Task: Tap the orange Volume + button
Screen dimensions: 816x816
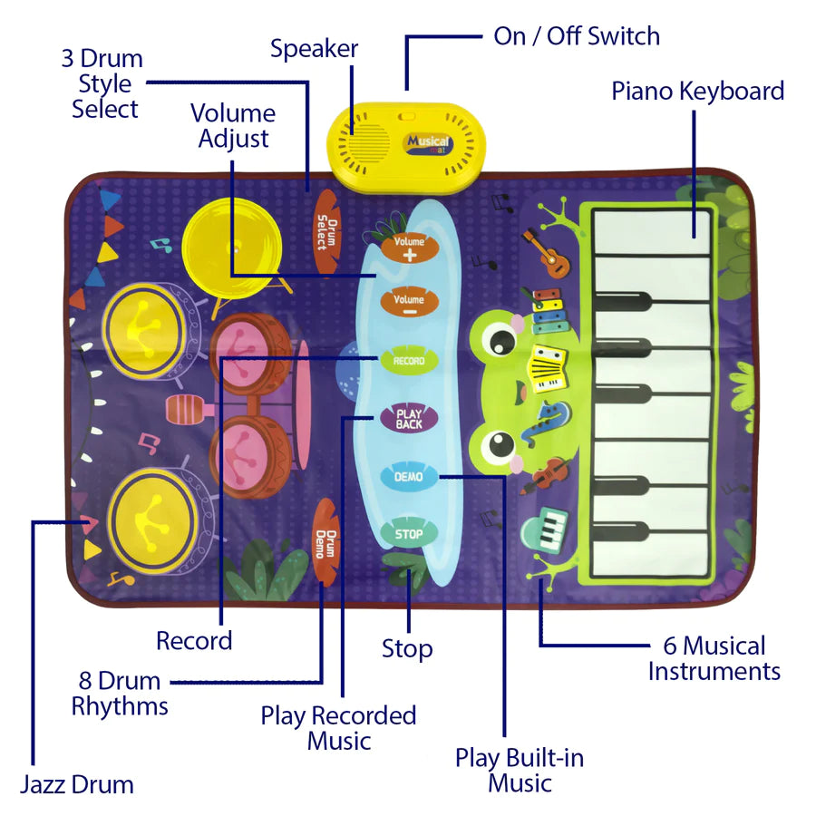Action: coord(409,248)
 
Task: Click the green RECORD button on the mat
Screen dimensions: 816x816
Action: coord(408,361)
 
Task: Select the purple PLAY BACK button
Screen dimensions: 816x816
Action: coord(409,418)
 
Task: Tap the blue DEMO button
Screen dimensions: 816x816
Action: coord(409,476)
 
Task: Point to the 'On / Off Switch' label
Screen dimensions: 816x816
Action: coord(577,36)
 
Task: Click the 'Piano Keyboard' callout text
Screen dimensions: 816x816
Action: coord(697,91)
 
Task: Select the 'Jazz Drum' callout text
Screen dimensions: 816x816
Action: coord(77,783)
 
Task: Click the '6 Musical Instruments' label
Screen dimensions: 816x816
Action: coord(714,658)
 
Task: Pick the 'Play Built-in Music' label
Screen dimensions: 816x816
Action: coord(520,769)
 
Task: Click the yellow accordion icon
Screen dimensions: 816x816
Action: coord(548,367)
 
